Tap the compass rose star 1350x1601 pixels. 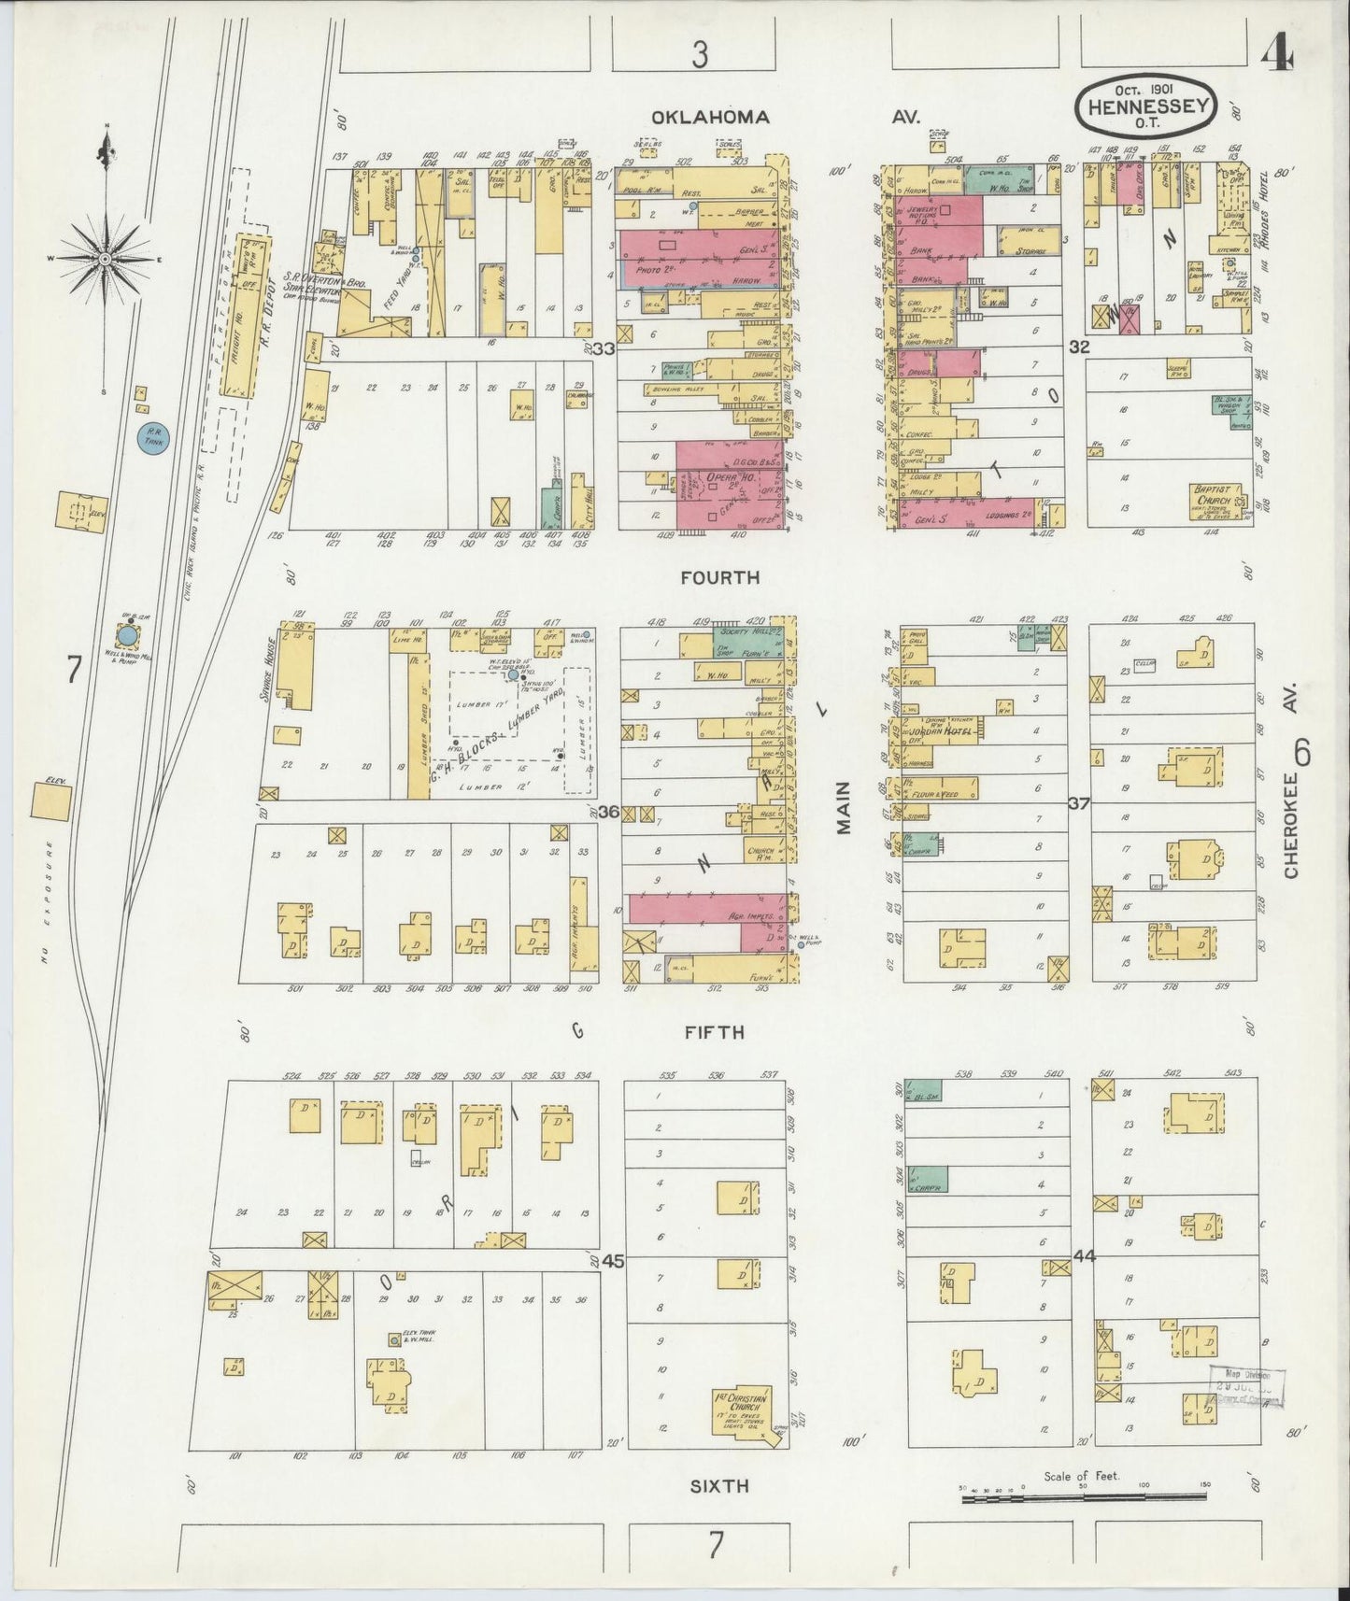click(106, 258)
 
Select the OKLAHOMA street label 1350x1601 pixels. click(711, 118)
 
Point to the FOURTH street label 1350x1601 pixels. click(719, 578)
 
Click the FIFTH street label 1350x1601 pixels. click(713, 1033)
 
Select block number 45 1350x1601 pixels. click(613, 1261)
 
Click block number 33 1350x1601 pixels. click(604, 348)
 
